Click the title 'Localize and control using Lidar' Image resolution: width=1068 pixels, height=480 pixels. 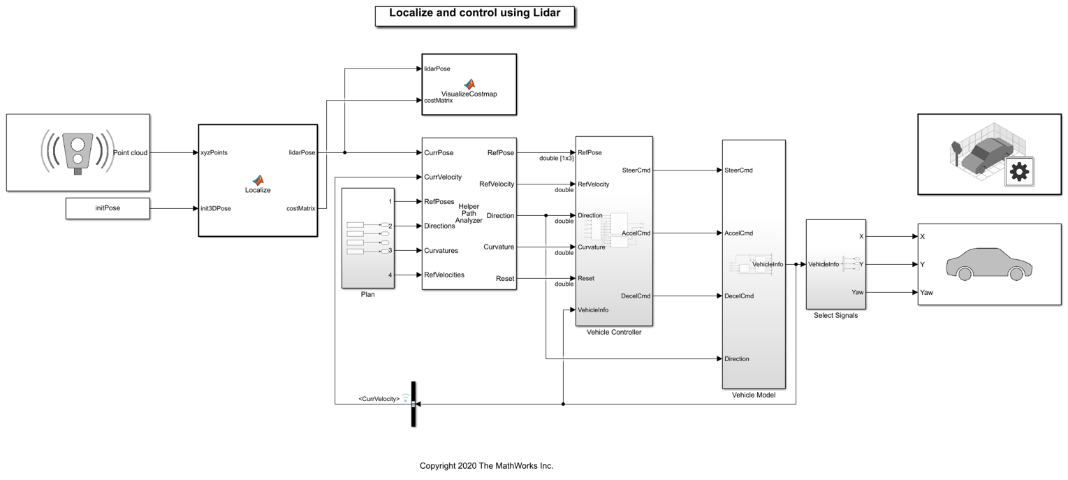point(474,13)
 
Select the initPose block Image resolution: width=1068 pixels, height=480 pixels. point(108,208)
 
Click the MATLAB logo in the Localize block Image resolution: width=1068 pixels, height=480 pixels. point(258,180)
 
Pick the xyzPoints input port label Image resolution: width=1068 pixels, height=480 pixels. point(214,152)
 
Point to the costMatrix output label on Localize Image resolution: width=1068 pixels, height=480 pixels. point(300,208)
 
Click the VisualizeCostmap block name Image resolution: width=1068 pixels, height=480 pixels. point(469,94)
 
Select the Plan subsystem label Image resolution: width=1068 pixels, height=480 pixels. point(367,294)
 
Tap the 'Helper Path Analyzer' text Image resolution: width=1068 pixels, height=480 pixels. point(469,213)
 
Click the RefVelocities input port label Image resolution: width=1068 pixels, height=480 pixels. point(444,275)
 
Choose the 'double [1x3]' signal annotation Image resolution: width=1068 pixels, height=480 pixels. point(556,158)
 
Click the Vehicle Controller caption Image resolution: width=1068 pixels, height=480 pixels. point(613,332)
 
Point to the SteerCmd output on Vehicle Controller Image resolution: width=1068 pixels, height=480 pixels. point(636,170)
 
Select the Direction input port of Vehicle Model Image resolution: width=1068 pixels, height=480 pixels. point(737,358)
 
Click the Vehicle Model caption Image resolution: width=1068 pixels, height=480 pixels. point(753,395)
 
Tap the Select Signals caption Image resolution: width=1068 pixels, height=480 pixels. point(835,315)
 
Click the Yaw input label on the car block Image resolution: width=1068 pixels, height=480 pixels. point(927,293)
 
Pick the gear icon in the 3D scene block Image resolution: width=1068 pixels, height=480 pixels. point(1018,172)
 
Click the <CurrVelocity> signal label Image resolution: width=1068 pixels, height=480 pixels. point(379,399)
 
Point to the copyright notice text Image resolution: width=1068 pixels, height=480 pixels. point(486,466)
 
